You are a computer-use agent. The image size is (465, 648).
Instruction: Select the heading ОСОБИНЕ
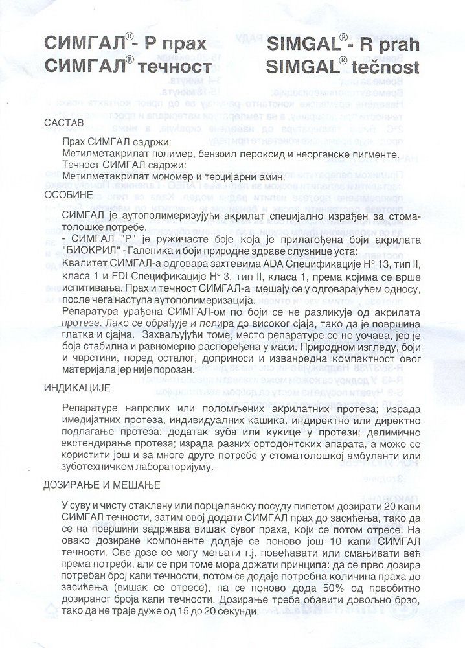coord(69,194)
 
